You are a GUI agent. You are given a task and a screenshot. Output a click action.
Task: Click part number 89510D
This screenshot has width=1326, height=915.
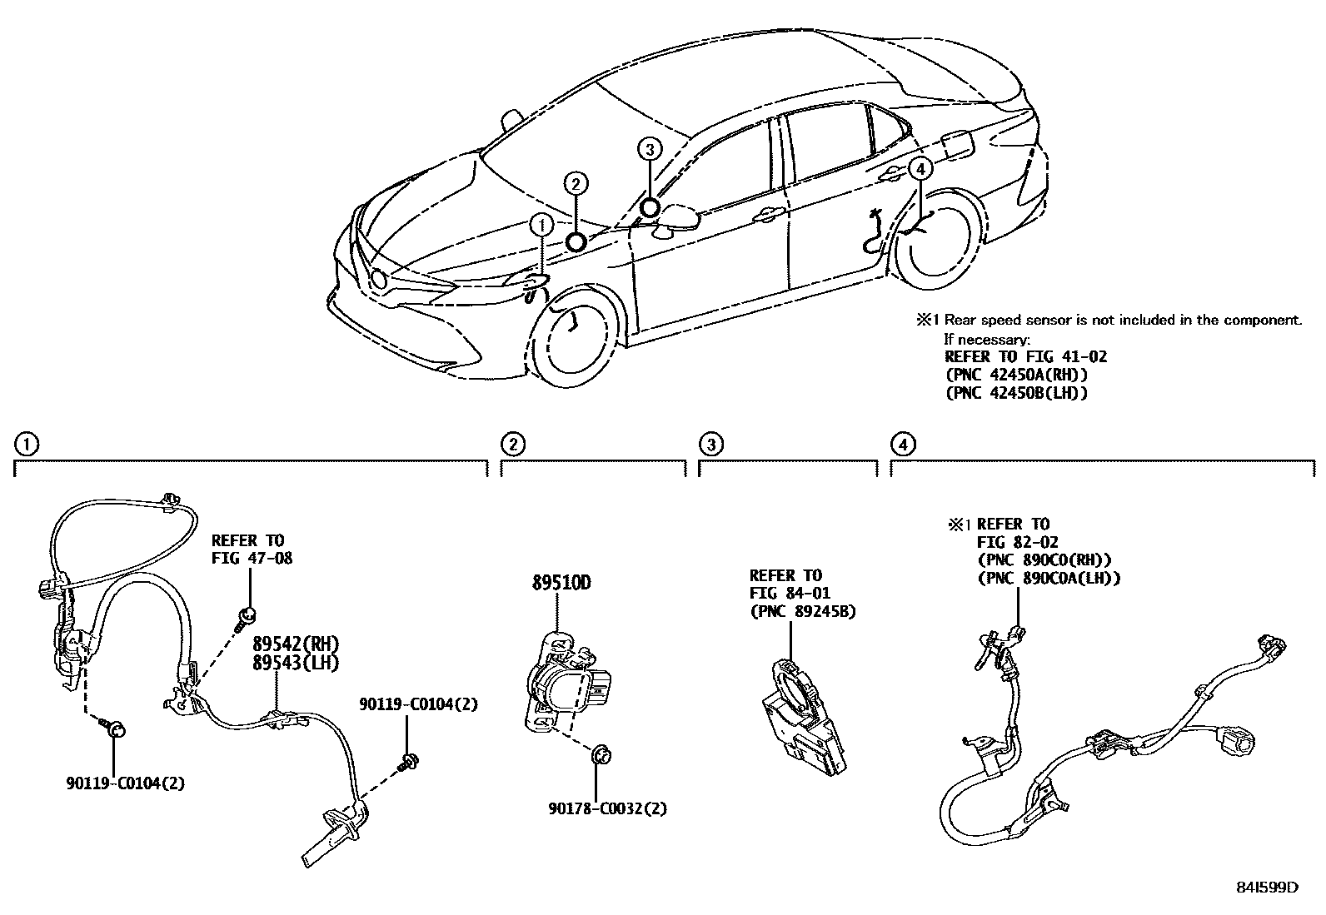tap(561, 583)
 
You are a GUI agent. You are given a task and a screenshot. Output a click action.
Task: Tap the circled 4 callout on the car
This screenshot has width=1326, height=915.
tap(919, 169)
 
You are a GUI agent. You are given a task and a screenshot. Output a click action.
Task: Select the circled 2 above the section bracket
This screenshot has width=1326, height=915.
tap(514, 445)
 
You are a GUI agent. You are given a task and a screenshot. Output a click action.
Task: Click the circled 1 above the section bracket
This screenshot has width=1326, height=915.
tap(27, 445)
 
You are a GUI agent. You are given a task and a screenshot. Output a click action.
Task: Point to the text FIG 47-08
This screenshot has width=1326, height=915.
tap(252, 559)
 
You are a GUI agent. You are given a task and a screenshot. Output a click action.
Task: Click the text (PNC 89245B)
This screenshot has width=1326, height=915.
tap(803, 611)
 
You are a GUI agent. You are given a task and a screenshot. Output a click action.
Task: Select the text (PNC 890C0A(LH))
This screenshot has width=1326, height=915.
tap(1049, 577)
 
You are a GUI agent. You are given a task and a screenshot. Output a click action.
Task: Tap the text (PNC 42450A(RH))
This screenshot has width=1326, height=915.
tap(1016, 375)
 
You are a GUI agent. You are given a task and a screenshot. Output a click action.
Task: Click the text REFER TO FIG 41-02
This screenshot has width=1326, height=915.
tap(1025, 356)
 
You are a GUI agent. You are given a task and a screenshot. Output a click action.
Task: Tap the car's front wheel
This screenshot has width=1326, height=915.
tap(574, 333)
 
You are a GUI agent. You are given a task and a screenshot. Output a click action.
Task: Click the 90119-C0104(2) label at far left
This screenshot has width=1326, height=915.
tap(126, 783)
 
